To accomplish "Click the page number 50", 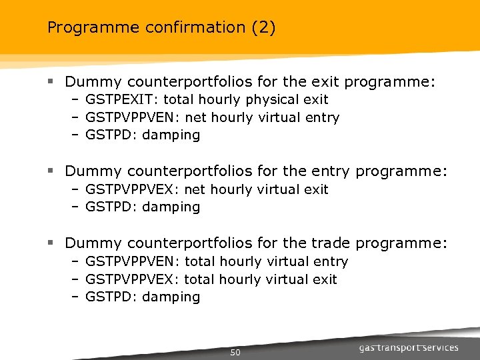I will point(235,353).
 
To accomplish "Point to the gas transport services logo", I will point(409,348).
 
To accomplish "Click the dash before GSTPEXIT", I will point(75,100).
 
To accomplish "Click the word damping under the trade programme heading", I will point(171,297).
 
